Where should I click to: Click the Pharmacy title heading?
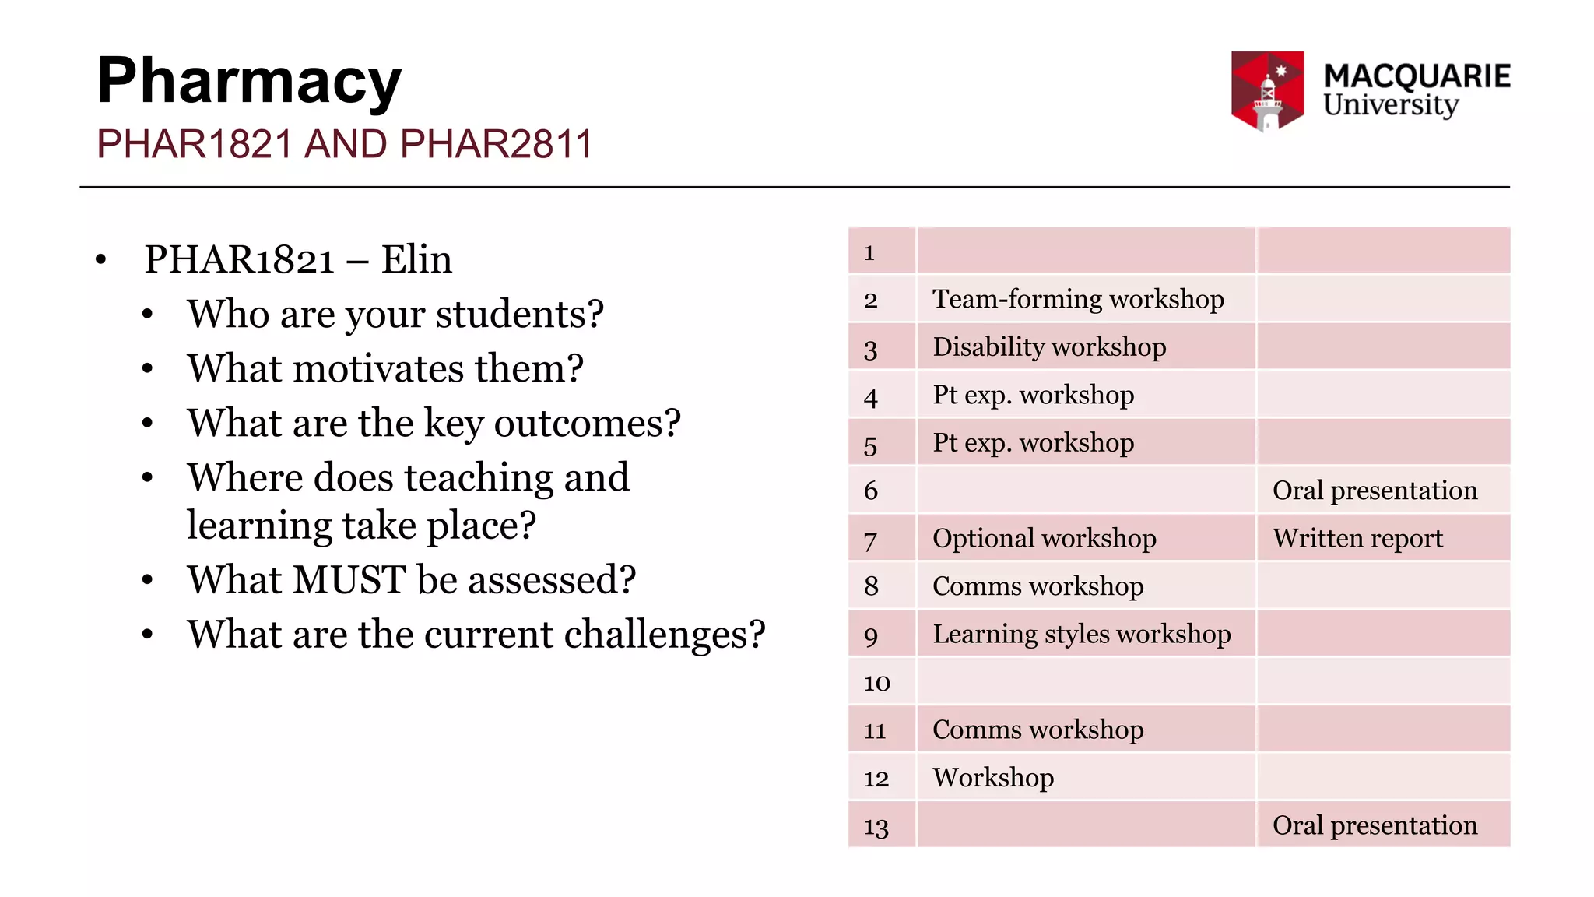coord(249,81)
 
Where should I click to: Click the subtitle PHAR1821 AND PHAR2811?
coord(345,145)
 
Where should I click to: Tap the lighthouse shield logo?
coord(1267,90)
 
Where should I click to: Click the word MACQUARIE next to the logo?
coord(1417,76)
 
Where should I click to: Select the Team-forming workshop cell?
coord(1078,300)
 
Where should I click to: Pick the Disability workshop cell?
coord(1049,347)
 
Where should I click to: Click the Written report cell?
coord(1357,539)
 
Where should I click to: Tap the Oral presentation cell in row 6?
coord(1375,491)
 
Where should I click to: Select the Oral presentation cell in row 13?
coord(1375,825)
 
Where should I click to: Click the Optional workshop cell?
coord(1044,539)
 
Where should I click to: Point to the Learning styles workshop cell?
coord(1082,635)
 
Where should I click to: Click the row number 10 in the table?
coord(876,683)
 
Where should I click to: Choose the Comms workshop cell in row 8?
coord(1038,586)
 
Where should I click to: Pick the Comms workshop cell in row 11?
coord(1038,730)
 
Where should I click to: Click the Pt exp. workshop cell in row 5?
coord(1033,443)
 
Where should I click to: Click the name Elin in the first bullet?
coord(416,259)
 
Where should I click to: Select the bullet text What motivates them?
coord(385,368)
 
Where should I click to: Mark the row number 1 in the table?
coord(869,252)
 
